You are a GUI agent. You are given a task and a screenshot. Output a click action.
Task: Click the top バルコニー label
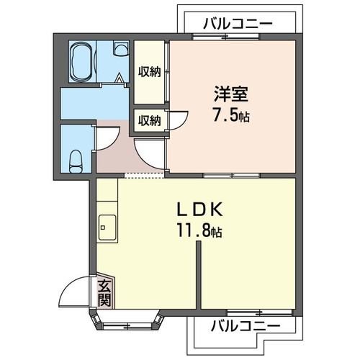(x=238, y=23)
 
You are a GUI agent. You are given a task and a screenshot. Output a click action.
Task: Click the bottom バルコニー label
(x=246, y=326)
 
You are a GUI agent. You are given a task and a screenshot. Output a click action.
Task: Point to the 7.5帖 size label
(x=231, y=115)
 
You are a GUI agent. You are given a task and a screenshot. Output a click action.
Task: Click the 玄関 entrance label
(x=104, y=292)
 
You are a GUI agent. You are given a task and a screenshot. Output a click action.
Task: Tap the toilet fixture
(x=75, y=161)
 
